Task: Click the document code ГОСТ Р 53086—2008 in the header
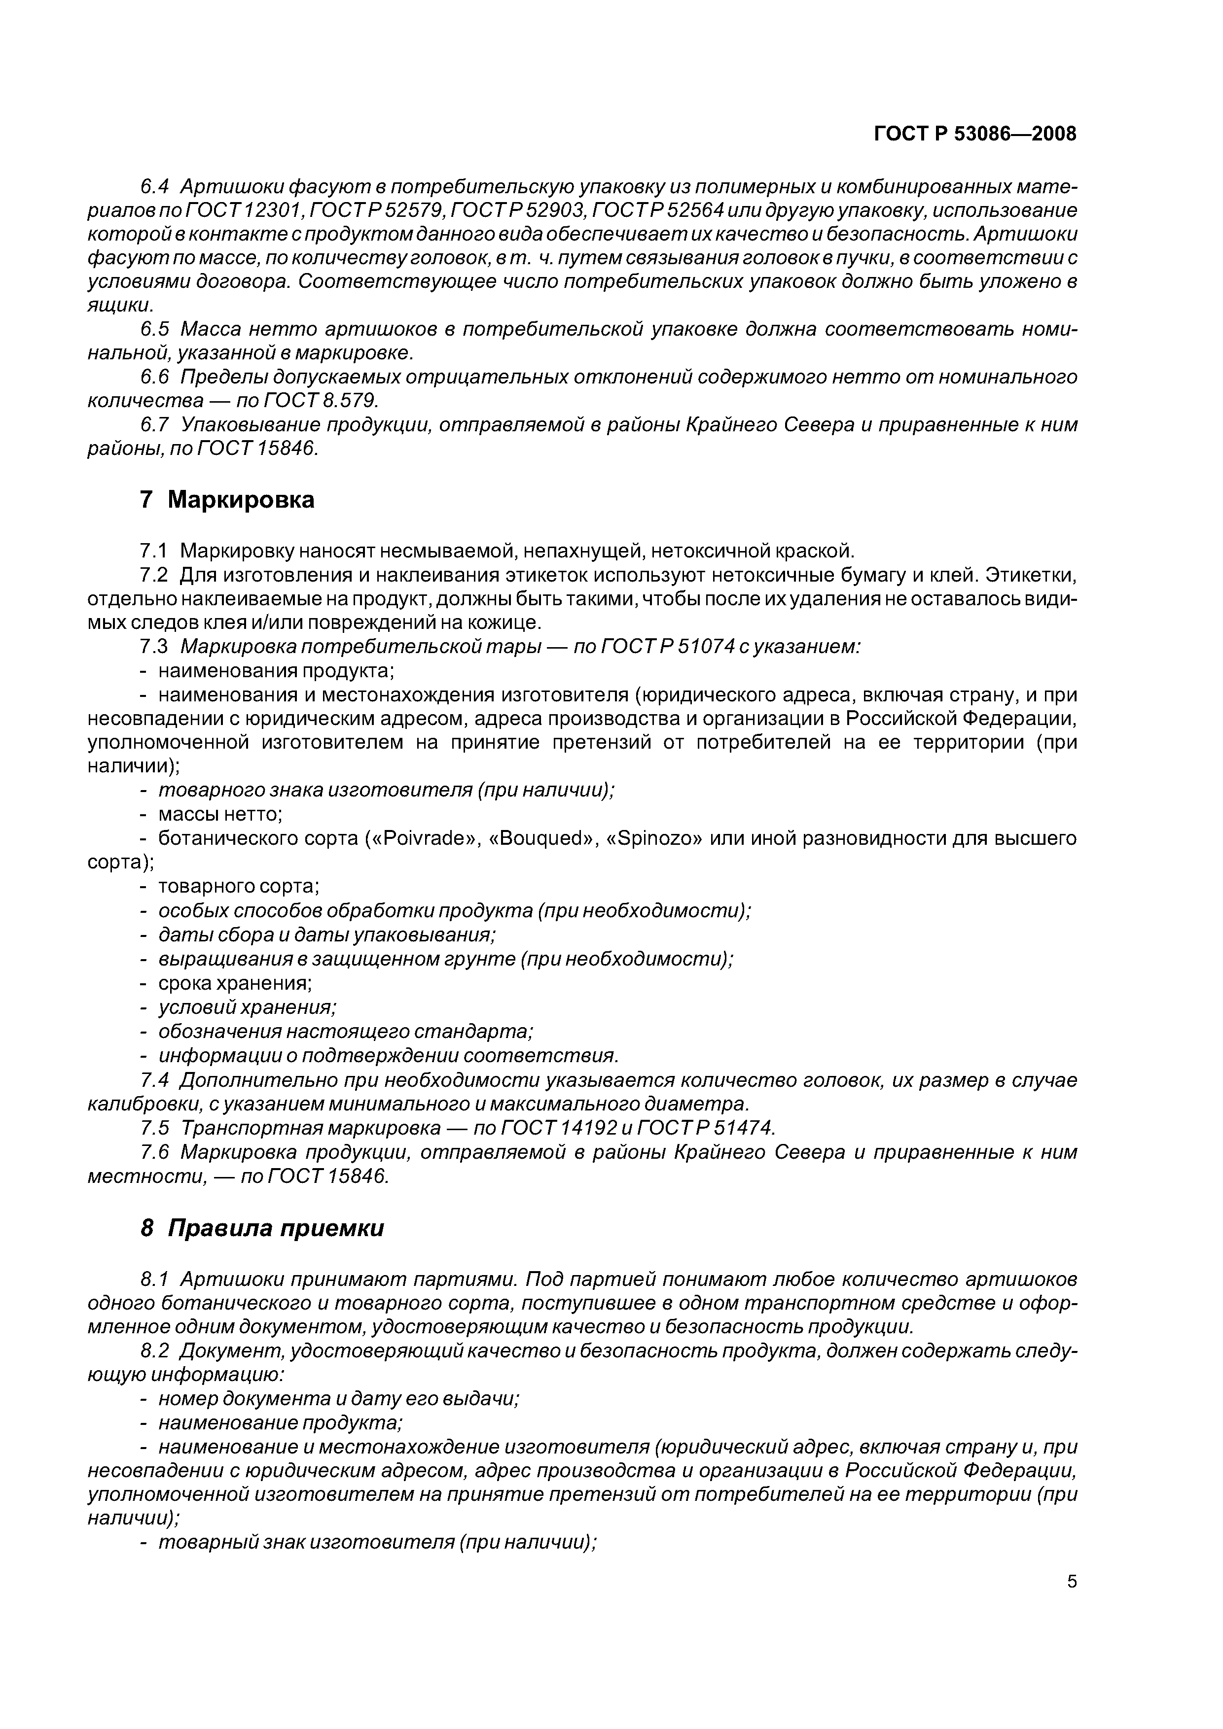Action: [974, 134]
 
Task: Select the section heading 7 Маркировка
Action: [227, 499]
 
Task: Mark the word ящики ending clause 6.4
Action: [119, 306]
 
